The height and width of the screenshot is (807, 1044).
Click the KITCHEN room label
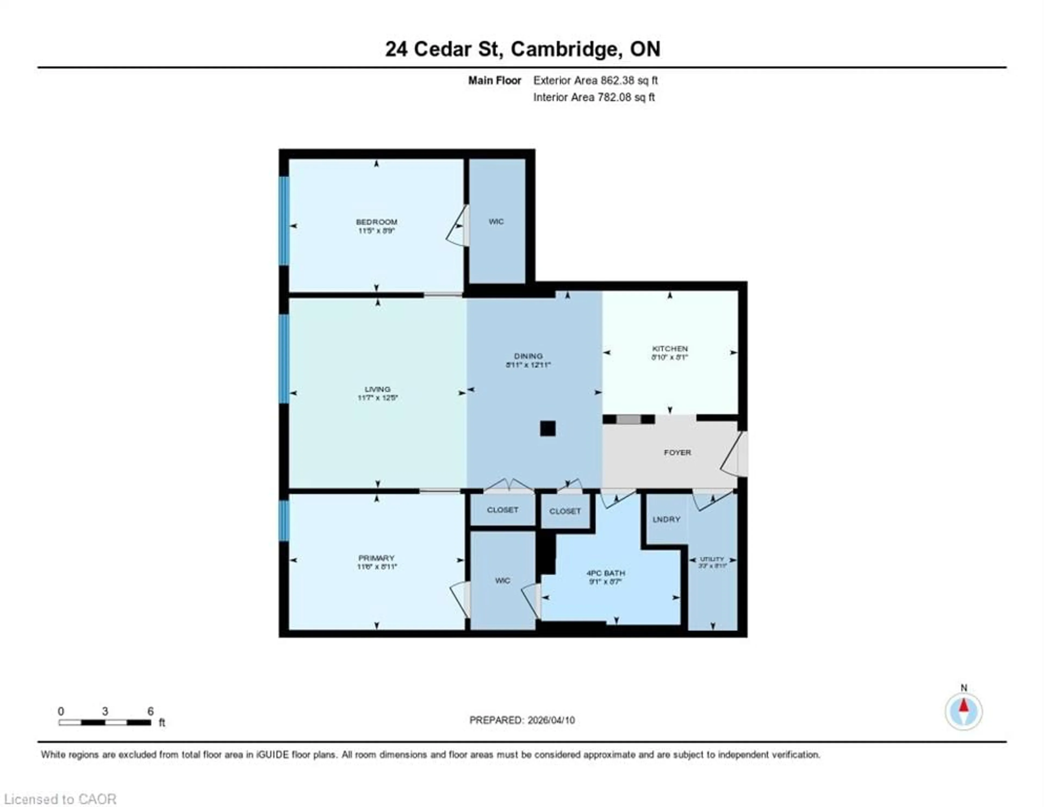(x=669, y=349)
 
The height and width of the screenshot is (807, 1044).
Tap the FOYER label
(x=677, y=453)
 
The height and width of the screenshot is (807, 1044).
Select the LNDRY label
(x=666, y=520)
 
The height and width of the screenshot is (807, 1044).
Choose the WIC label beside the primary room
(x=502, y=581)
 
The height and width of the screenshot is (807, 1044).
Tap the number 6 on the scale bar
(x=151, y=711)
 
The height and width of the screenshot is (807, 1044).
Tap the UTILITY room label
(x=712, y=559)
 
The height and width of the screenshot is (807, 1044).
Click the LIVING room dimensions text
(x=378, y=398)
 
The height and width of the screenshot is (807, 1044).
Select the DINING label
(x=528, y=356)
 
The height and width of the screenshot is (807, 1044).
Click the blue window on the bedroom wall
(x=284, y=221)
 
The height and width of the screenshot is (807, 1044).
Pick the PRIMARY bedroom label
(x=376, y=558)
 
